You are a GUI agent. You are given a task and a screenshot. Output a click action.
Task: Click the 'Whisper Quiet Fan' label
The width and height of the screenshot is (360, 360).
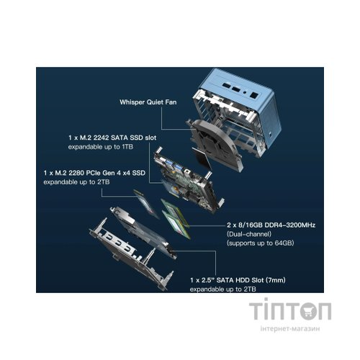(148, 102)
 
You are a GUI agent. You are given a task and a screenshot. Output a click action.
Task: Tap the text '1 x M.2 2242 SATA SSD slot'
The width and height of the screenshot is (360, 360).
(112, 138)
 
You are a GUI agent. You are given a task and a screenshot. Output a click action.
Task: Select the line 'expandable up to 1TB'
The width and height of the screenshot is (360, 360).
(101, 147)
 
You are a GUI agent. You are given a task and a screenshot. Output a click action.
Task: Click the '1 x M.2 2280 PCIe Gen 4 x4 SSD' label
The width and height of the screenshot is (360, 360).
(94, 173)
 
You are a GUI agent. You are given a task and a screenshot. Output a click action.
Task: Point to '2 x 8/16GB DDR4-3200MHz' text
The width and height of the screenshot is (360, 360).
(271, 225)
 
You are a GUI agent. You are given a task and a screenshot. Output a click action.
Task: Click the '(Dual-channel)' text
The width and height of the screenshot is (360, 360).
(249, 234)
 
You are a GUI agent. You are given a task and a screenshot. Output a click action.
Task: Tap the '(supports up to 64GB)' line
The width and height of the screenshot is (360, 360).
(261, 243)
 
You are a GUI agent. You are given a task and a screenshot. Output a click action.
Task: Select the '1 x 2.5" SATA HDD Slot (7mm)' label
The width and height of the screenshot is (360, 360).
(238, 280)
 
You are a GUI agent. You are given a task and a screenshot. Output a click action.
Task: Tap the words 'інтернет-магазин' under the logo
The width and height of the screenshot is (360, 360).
(290, 328)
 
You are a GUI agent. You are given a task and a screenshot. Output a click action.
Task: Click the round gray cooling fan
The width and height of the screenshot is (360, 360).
(215, 144)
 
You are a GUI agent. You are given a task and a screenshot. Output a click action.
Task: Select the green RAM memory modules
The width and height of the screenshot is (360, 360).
(176, 218)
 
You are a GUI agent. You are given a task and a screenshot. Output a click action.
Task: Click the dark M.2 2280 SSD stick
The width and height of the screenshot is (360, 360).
(146, 204)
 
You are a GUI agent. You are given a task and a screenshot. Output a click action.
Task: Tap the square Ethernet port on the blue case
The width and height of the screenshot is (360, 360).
(254, 96)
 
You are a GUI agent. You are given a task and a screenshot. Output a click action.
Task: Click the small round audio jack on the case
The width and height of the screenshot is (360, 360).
(245, 92)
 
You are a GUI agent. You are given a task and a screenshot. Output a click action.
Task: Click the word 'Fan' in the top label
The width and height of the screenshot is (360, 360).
(171, 102)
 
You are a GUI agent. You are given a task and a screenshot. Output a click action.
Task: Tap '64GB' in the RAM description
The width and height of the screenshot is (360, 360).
(284, 243)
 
